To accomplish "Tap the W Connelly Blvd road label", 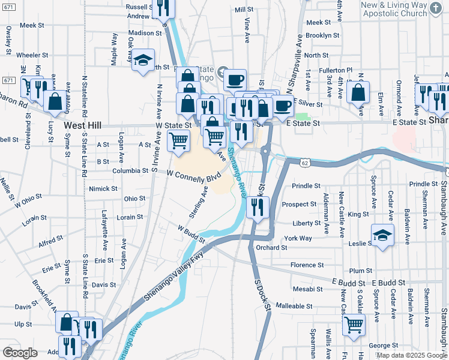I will pyautogui.click(x=190, y=176).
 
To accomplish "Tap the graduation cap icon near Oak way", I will pyautogui.click(x=143, y=61).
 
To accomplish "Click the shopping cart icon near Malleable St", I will pyautogui.click(x=354, y=325).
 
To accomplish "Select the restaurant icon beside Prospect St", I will pyautogui.click(x=257, y=208).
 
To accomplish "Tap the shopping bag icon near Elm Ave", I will pyautogui.click(x=358, y=93).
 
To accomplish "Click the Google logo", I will pyautogui.click(x=20, y=353).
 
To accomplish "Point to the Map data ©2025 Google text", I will pyautogui.click(x=412, y=355).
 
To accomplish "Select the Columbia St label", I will pyautogui.click(x=130, y=170).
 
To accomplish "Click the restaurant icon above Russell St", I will pyautogui.click(x=163, y=7).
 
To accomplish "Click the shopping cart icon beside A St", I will pyautogui.click(x=178, y=141).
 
